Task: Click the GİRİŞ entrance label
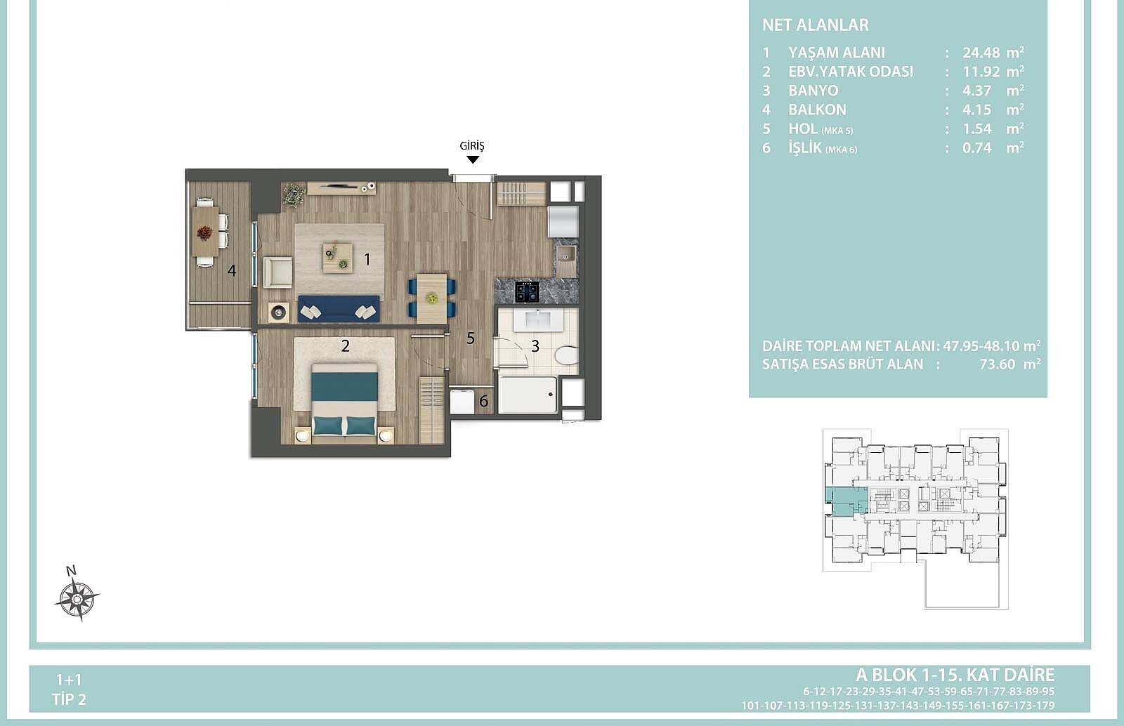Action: [x=472, y=146]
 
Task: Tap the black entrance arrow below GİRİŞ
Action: [x=473, y=159]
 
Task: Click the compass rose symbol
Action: [x=77, y=598]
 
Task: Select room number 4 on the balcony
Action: [x=231, y=271]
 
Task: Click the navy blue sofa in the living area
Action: [x=339, y=308]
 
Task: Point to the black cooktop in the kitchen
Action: [x=527, y=292]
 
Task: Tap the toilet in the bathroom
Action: [x=566, y=355]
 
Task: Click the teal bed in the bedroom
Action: [x=344, y=401]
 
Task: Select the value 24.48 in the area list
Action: [x=981, y=53]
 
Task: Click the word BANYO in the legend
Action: [x=813, y=91]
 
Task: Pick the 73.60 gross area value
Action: [x=997, y=364]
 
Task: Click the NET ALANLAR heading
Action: [x=816, y=25]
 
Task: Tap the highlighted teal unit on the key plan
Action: [x=846, y=501]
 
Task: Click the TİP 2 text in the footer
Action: [x=70, y=699]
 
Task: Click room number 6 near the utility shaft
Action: [x=484, y=401]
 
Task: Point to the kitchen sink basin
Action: [x=566, y=256]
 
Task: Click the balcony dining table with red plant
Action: [x=204, y=232]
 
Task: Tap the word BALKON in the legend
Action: [x=818, y=110]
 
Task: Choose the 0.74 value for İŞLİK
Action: [x=977, y=148]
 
